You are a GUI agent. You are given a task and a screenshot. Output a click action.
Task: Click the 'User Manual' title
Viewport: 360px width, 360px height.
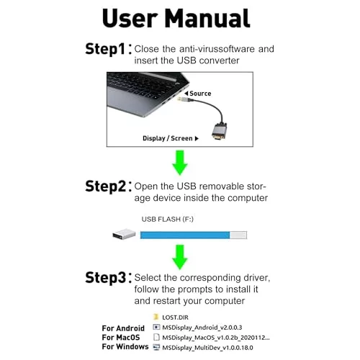[176, 19]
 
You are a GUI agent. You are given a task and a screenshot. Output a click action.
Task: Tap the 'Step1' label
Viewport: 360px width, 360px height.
[105, 49]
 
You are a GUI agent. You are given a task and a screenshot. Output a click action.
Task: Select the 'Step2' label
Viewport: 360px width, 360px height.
[105, 186]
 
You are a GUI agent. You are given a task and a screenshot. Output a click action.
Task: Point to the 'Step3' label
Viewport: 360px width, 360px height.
[105, 278]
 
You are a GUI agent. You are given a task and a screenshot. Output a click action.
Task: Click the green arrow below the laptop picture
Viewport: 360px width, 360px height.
[180, 163]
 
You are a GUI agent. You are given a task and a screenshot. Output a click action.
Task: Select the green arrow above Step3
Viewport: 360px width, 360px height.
[180, 257]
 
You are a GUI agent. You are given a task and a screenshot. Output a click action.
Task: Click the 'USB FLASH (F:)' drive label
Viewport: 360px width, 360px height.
[168, 219]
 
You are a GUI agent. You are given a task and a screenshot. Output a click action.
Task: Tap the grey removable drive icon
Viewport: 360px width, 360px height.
[124, 234]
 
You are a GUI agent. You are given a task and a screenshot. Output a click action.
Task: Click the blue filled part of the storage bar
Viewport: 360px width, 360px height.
[185, 235]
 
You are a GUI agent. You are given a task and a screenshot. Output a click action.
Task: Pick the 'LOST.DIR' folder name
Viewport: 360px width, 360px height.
[175, 318]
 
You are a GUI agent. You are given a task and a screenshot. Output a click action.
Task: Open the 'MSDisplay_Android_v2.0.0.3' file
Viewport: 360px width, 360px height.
[202, 328]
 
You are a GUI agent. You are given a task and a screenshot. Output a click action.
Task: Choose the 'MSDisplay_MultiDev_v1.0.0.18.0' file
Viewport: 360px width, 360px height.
[207, 348]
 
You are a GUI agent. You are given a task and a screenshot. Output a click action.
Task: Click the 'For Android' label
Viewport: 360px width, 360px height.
[123, 328]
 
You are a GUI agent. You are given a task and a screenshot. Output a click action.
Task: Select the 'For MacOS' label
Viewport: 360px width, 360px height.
[121, 338]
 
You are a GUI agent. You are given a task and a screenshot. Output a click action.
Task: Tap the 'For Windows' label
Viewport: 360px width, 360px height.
[125, 346]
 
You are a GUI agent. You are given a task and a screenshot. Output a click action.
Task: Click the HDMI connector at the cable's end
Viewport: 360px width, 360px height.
[219, 132]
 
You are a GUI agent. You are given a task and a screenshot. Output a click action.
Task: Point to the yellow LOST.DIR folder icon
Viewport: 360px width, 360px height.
[156, 317]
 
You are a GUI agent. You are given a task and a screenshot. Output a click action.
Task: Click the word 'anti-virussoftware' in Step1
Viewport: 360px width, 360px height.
[217, 49]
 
